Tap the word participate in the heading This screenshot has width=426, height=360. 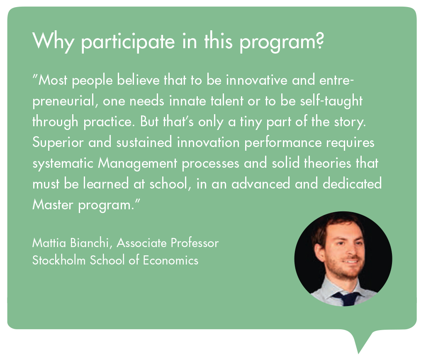pos(128,42)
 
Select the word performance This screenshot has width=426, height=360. pos(283,143)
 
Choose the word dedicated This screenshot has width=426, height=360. pos(352,184)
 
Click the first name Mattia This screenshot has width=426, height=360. pos(49,243)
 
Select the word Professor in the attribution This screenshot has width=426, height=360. pos(195,243)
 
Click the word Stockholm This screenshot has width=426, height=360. pos(59,260)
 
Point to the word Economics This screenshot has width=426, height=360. pos(170,260)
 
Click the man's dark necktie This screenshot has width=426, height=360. pos(346,298)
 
